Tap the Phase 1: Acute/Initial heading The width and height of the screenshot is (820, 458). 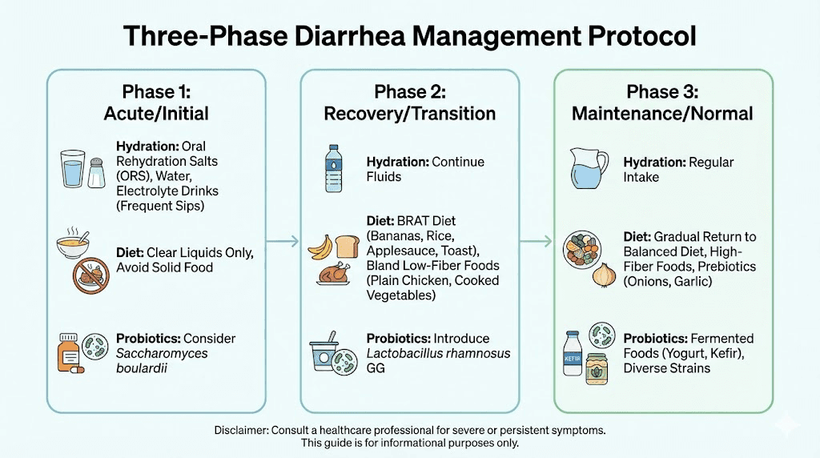coord(156,102)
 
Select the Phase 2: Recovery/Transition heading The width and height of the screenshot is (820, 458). coord(409,102)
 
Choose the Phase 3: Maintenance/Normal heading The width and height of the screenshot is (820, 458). coord(662,102)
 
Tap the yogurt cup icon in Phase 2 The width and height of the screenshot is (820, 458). coord(324,356)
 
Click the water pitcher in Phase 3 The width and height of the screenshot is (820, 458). coord(588,169)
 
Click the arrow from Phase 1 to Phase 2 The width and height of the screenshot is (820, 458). coord(283,239)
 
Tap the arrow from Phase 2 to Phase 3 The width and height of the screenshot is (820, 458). coord(536,239)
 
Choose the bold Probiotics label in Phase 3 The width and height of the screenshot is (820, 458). coord(654,339)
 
